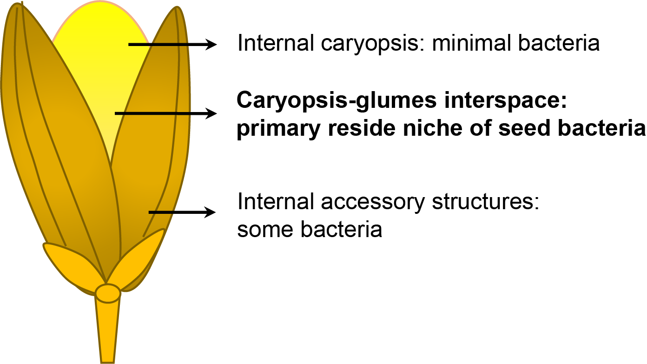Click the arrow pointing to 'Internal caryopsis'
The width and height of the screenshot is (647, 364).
tap(172, 45)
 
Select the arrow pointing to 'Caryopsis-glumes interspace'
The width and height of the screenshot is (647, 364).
tap(165, 113)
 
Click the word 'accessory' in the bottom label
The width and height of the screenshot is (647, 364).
tap(363, 203)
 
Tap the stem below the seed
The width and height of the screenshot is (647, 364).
tap(108, 330)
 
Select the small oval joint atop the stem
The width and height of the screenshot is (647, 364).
tap(108, 293)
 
